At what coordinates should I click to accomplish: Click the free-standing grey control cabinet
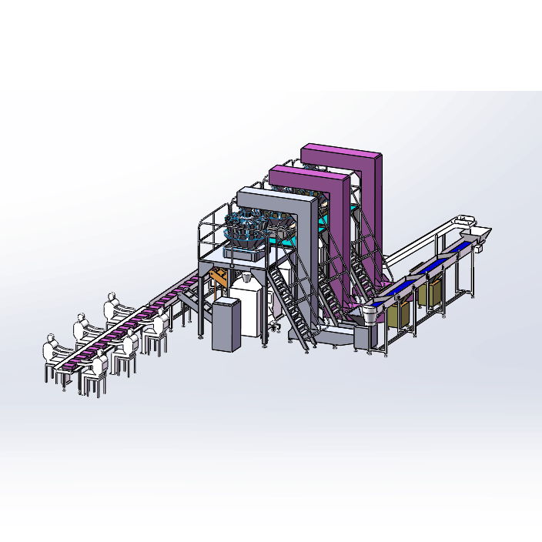coord(224,324)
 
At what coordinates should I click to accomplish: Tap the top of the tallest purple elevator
coord(341,152)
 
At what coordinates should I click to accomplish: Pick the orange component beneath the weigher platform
coord(220,276)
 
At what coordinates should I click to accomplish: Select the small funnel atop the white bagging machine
coord(244,278)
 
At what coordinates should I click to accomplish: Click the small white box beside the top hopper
coord(480,246)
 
